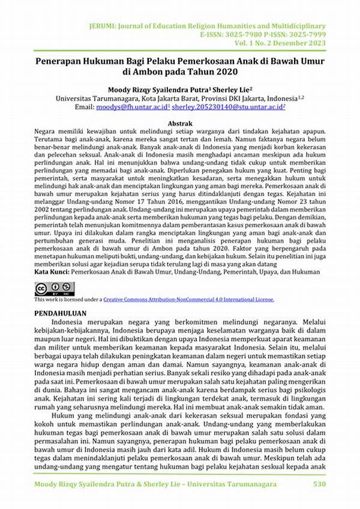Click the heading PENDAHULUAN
tap(60, 313)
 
